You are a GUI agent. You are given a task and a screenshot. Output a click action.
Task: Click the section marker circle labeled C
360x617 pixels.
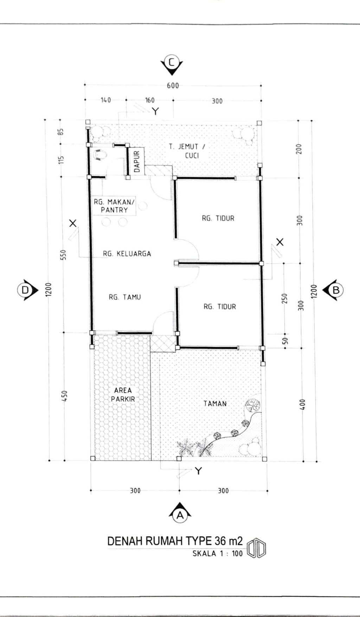click(172, 63)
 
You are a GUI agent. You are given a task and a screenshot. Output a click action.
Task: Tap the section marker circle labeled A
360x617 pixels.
click(180, 515)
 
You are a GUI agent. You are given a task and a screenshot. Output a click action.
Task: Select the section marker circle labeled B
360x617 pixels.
click(336, 290)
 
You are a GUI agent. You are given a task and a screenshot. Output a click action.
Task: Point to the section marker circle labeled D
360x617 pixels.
click(25, 290)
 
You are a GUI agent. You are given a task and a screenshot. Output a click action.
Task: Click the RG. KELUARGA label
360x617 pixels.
click(127, 253)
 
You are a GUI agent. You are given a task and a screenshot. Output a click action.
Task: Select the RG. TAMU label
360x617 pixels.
click(125, 297)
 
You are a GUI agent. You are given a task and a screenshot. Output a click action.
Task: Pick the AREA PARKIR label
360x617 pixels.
click(123, 395)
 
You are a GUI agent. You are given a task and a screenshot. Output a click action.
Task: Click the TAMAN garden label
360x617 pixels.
click(215, 404)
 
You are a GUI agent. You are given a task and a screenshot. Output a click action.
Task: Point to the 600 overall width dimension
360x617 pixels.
click(173, 86)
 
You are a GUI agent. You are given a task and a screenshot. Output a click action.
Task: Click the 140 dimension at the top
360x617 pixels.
click(106, 100)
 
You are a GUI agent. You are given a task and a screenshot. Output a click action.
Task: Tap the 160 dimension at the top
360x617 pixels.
click(150, 100)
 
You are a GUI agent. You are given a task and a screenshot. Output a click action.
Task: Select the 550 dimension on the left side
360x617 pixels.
click(64, 255)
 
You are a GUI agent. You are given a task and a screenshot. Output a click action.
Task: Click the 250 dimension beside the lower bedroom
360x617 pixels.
click(285, 299)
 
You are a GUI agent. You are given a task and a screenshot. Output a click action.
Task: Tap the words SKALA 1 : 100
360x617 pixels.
click(218, 554)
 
